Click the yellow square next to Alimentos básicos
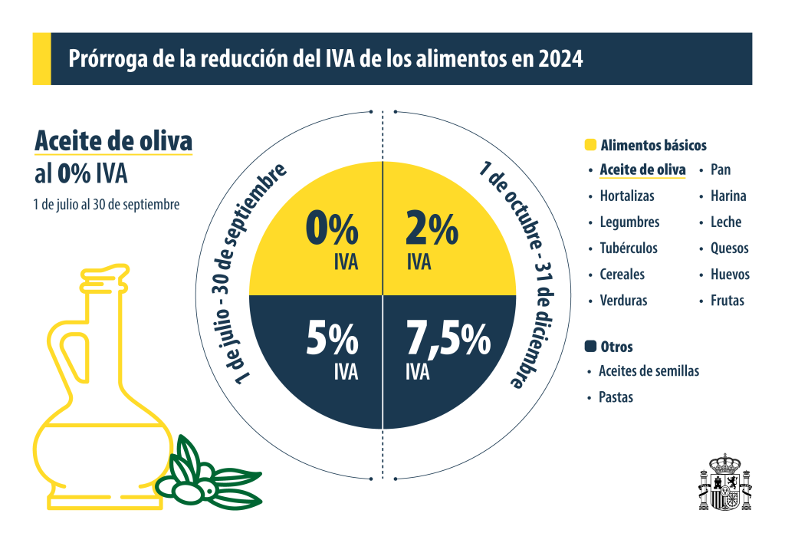click(590, 145)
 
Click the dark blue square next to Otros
click(590, 347)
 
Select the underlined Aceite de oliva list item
click(642, 169)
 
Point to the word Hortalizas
click(627, 196)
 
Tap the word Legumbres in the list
click(629, 222)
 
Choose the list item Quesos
click(729, 248)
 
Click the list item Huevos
click(730, 274)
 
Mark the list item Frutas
click(727, 300)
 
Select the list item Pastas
click(616, 397)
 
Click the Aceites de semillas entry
click(649, 371)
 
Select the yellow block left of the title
click(41, 59)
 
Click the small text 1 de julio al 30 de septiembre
click(107, 205)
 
